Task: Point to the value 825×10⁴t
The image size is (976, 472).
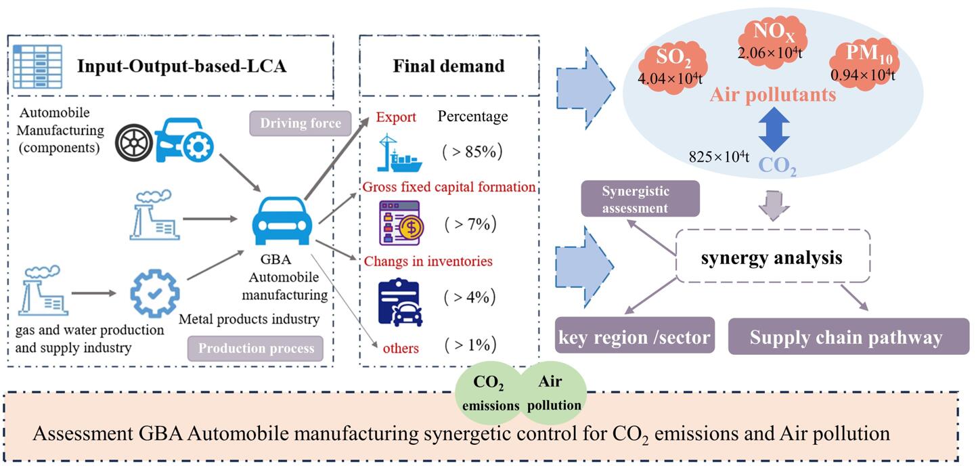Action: tap(719, 157)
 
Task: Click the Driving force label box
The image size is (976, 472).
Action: tap(300, 124)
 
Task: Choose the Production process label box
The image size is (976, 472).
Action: tap(255, 348)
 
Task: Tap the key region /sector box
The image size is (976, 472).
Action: tap(634, 337)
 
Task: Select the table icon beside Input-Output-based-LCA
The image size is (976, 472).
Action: tap(37, 66)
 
